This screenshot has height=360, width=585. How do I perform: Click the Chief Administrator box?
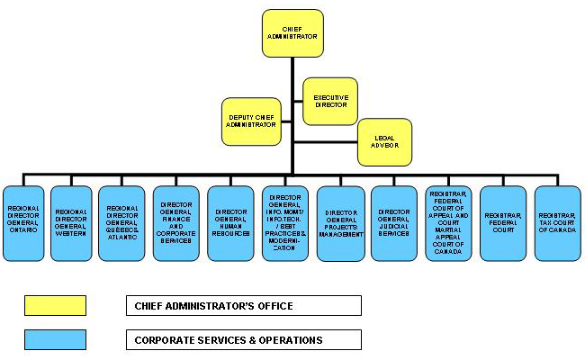pos(292,34)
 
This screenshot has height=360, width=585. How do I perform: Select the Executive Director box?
pos(331,100)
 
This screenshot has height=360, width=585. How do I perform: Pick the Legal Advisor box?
pos(385,141)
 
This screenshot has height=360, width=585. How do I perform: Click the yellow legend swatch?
pos(55,305)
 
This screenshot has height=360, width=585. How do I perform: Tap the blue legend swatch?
pos(55,339)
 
